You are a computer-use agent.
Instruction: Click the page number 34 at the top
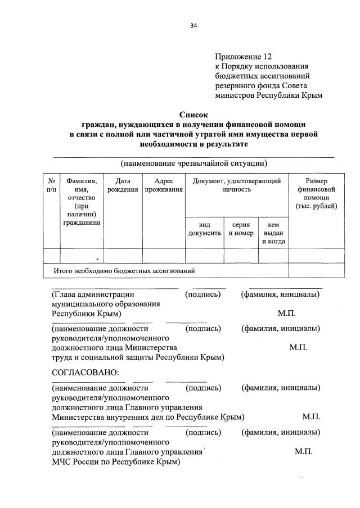[193, 25]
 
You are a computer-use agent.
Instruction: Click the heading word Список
[193, 114]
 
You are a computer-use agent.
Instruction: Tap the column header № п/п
[51, 185]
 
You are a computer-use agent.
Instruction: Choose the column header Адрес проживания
[163, 185]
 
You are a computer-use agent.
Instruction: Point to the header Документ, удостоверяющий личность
[236, 185]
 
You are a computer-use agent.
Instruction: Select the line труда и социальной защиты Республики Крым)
[138, 357]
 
